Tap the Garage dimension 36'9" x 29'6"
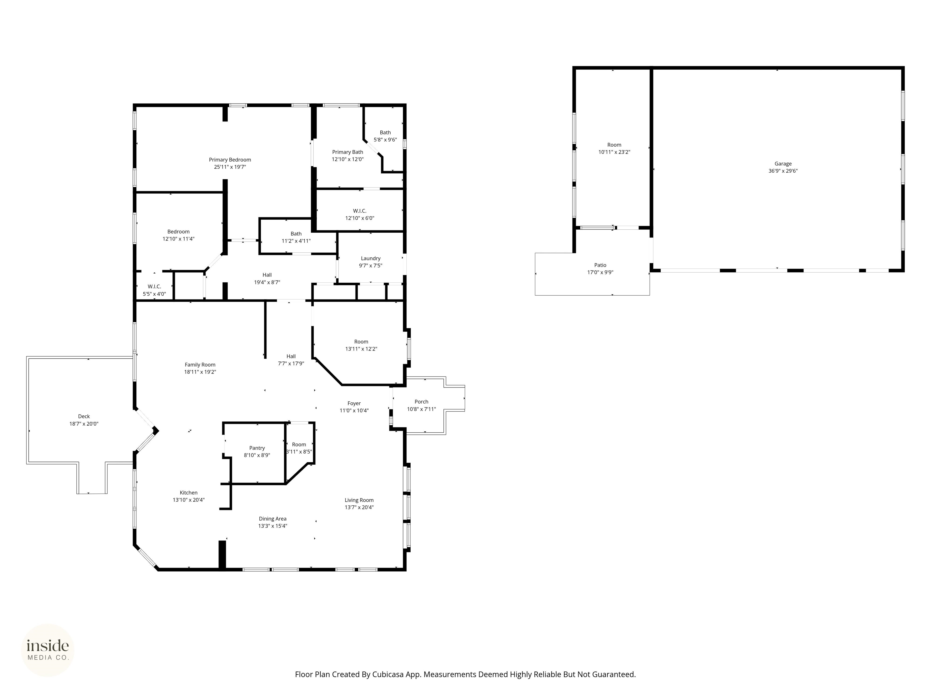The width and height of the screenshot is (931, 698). [x=783, y=171]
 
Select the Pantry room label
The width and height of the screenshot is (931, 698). [x=257, y=448]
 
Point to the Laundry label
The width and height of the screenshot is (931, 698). [x=370, y=258]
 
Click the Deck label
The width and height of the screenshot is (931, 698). [x=84, y=417]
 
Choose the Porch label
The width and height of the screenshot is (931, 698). [x=421, y=402]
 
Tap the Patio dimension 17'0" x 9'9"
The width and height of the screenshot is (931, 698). [x=600, y=272]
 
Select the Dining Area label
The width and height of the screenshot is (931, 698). [x=272, y=519]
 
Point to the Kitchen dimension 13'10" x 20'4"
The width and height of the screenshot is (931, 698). [x=189, y=500]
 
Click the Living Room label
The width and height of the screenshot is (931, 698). [x=359, y=500]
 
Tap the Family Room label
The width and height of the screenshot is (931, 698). [x=200, y=365]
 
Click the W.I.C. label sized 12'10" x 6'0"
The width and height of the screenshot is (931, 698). [x=359, y=211]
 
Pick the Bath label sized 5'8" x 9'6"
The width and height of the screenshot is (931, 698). [x=385, y=132]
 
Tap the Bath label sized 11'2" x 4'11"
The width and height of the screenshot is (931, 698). [x=296, y=234]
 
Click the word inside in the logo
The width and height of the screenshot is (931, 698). [x=48, y=645]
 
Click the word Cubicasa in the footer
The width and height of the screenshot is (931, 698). [x=388, y=674]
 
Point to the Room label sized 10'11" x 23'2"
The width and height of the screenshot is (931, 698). [x=614, y=145]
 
